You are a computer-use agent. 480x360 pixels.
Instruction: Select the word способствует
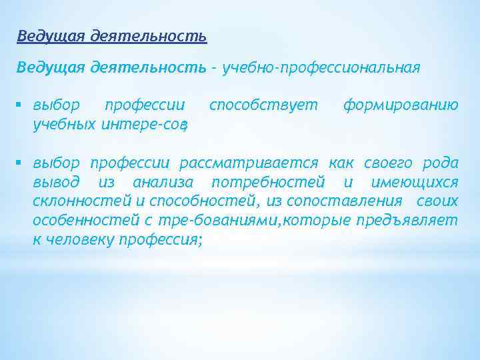pyautogui.click(x=263, y=105)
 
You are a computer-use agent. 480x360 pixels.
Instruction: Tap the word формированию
pyautogui.click(x=400, y=105)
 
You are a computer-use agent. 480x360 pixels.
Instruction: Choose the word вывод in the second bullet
pyautogui.click(x=57, y=183)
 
